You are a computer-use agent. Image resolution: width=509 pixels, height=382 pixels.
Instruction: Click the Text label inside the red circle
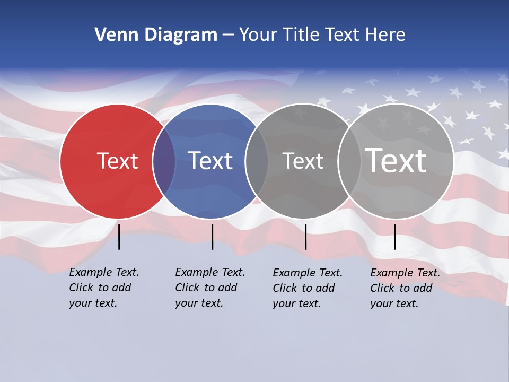point(117,161)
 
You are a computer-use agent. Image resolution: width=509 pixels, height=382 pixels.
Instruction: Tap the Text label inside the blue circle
point(210,161)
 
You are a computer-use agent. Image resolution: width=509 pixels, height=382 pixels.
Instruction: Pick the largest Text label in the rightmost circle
point(396,161)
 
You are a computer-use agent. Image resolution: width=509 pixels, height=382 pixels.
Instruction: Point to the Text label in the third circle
point(303,161)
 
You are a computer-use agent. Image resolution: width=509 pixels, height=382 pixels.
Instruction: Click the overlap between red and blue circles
point(164,161)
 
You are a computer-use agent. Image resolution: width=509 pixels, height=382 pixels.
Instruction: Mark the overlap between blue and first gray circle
point(257,161)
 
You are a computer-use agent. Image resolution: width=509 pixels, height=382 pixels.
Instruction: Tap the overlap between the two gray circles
point(349,161)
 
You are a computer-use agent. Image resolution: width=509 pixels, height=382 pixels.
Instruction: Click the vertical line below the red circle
point(119,237)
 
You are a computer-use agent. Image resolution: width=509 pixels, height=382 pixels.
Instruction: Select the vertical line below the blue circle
point(212,237)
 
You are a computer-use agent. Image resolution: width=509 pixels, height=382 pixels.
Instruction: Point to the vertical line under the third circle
point(306,237)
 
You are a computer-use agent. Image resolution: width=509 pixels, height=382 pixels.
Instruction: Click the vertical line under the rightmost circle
point(395,237)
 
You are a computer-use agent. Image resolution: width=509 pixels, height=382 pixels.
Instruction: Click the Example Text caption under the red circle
point(104,288)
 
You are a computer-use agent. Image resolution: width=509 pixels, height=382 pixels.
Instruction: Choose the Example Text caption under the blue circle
point(210,288)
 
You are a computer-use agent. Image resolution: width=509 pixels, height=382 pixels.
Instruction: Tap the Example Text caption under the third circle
point(308,288)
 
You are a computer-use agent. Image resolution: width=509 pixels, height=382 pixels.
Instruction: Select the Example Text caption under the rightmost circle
point(405,288)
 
